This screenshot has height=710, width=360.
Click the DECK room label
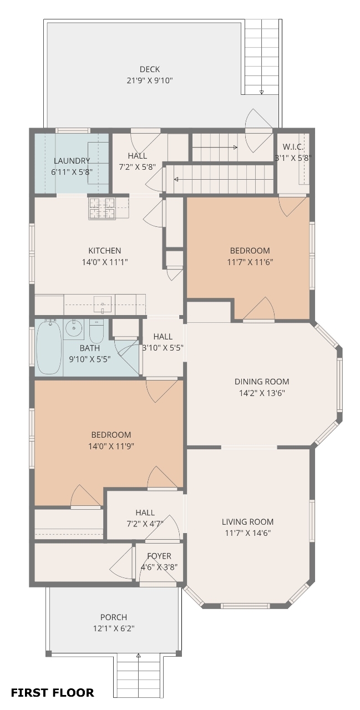150,69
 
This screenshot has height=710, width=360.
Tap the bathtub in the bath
49,347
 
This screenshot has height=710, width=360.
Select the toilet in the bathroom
97,331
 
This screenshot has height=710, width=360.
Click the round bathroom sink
74,328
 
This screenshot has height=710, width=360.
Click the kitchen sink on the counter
103,305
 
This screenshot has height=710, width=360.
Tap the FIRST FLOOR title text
52,693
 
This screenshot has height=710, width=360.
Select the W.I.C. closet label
293,147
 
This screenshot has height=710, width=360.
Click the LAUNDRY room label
72,161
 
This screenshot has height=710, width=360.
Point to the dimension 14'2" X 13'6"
262,393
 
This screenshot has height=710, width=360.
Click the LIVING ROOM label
247,521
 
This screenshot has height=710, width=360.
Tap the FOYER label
159,556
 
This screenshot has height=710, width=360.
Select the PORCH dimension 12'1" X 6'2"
114,628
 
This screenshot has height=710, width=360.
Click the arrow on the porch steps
138,655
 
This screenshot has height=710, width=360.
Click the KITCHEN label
105,250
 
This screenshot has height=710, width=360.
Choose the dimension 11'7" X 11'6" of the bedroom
250,262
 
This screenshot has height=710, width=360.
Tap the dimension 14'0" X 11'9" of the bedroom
111,446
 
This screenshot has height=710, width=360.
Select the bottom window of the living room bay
245,606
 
